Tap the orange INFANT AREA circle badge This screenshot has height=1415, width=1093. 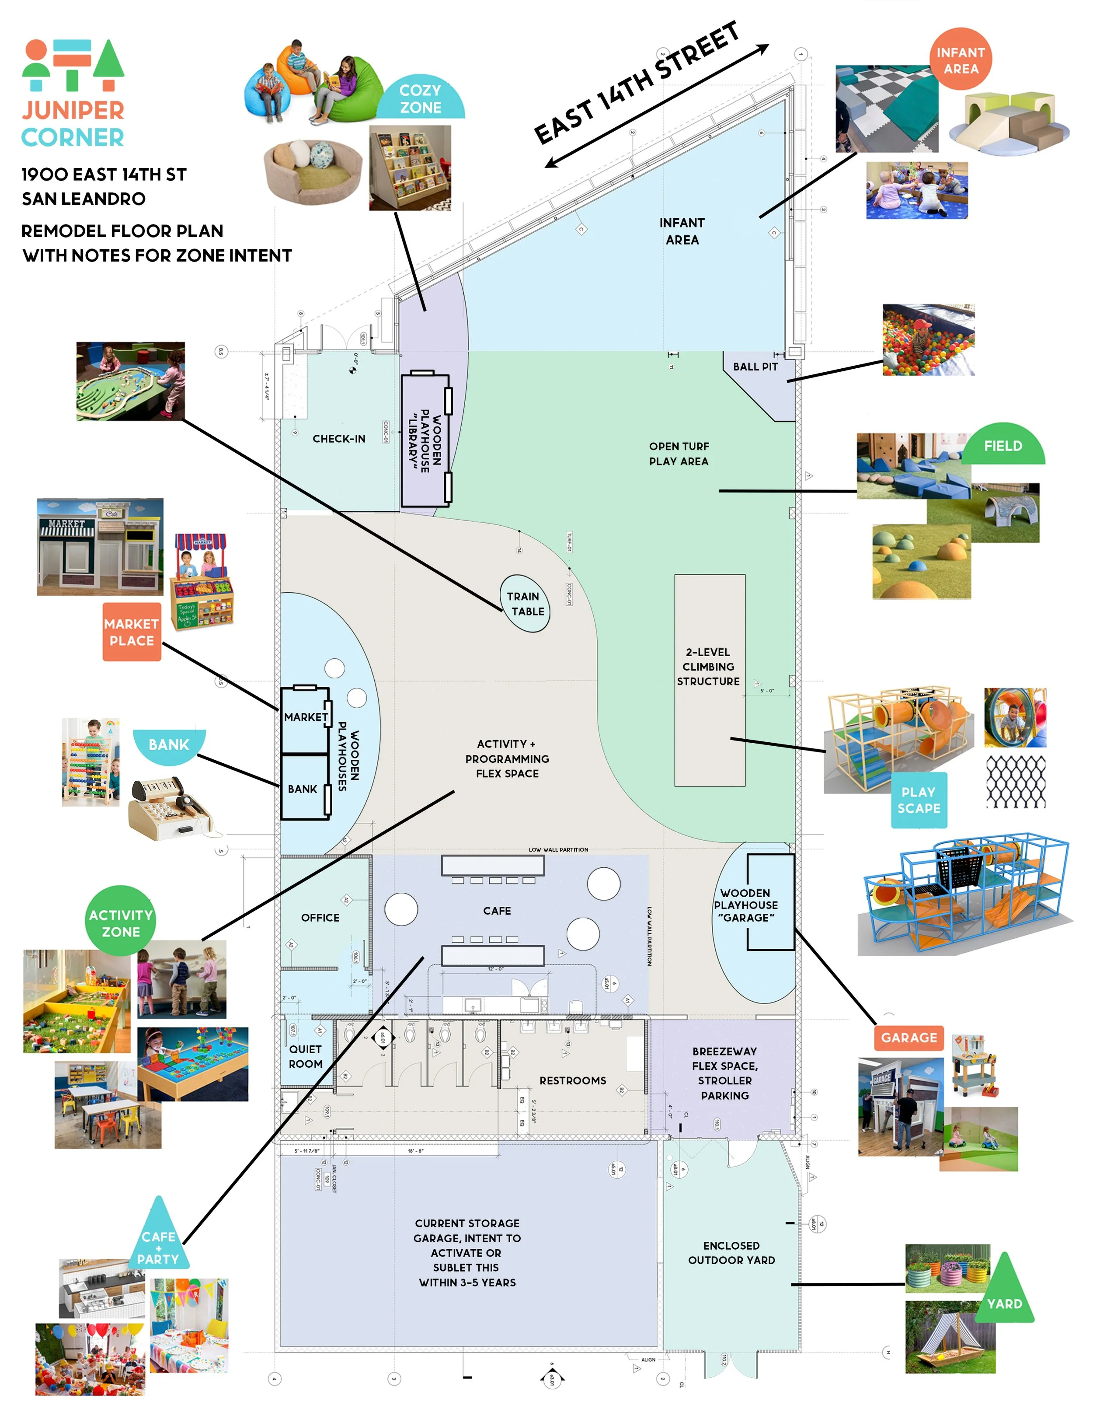(961, 59)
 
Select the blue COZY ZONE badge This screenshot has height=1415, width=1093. (421, 98)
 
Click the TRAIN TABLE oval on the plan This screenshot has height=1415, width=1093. (526, 603)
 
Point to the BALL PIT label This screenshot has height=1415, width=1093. (755, 367)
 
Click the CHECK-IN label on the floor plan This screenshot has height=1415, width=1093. (339, 439)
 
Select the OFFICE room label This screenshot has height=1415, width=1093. (320, 917)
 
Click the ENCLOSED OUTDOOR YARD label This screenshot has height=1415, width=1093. (731, 1252)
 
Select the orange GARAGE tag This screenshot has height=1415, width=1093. (909, 1037)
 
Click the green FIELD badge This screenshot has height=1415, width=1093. (1003, 447)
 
